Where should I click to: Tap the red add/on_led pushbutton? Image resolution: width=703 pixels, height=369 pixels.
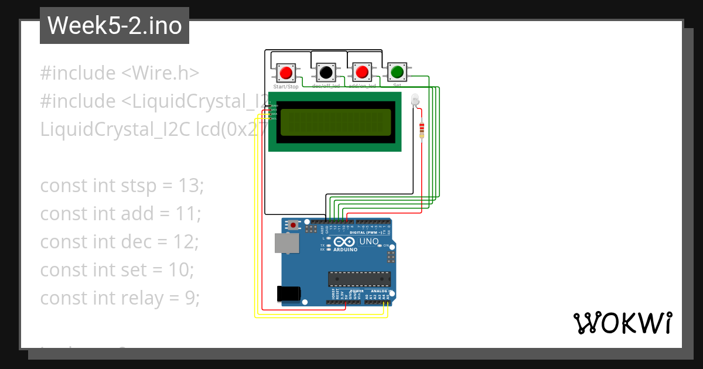pos(361,73)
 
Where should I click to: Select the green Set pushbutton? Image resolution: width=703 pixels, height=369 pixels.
pos(397,72)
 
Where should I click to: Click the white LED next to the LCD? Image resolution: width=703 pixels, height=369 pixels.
pos(415,100)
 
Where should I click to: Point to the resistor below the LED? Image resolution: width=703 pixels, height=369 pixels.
pos(422,131)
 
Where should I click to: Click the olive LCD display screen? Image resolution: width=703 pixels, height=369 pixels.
pos(335,122)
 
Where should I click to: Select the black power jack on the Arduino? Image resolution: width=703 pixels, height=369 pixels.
pos(289,293)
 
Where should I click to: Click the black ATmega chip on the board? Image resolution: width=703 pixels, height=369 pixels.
pos(359,280)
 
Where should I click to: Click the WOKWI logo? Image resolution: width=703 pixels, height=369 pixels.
pos(622,323)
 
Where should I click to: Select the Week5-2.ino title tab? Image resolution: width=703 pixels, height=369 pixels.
pos(114,26)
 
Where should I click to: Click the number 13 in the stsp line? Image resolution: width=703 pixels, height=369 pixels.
pos(189,186)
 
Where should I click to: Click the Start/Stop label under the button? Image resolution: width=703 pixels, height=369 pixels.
pos(286,87)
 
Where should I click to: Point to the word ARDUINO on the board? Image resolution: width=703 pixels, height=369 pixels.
pos(345,250)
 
